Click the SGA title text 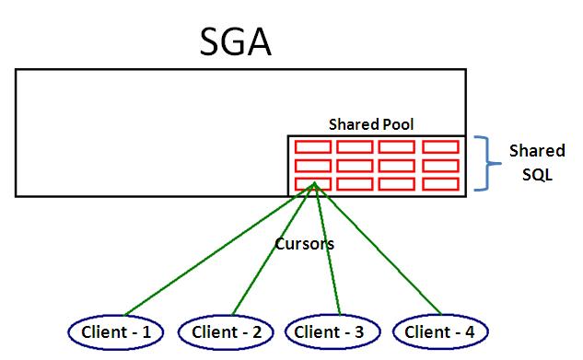click(236, 42)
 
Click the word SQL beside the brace click(533, 173)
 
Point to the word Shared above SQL click(537, 151)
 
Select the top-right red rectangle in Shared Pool click(440, 147)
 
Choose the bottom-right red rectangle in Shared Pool click(440, 184)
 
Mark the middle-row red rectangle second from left click(354, 166)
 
